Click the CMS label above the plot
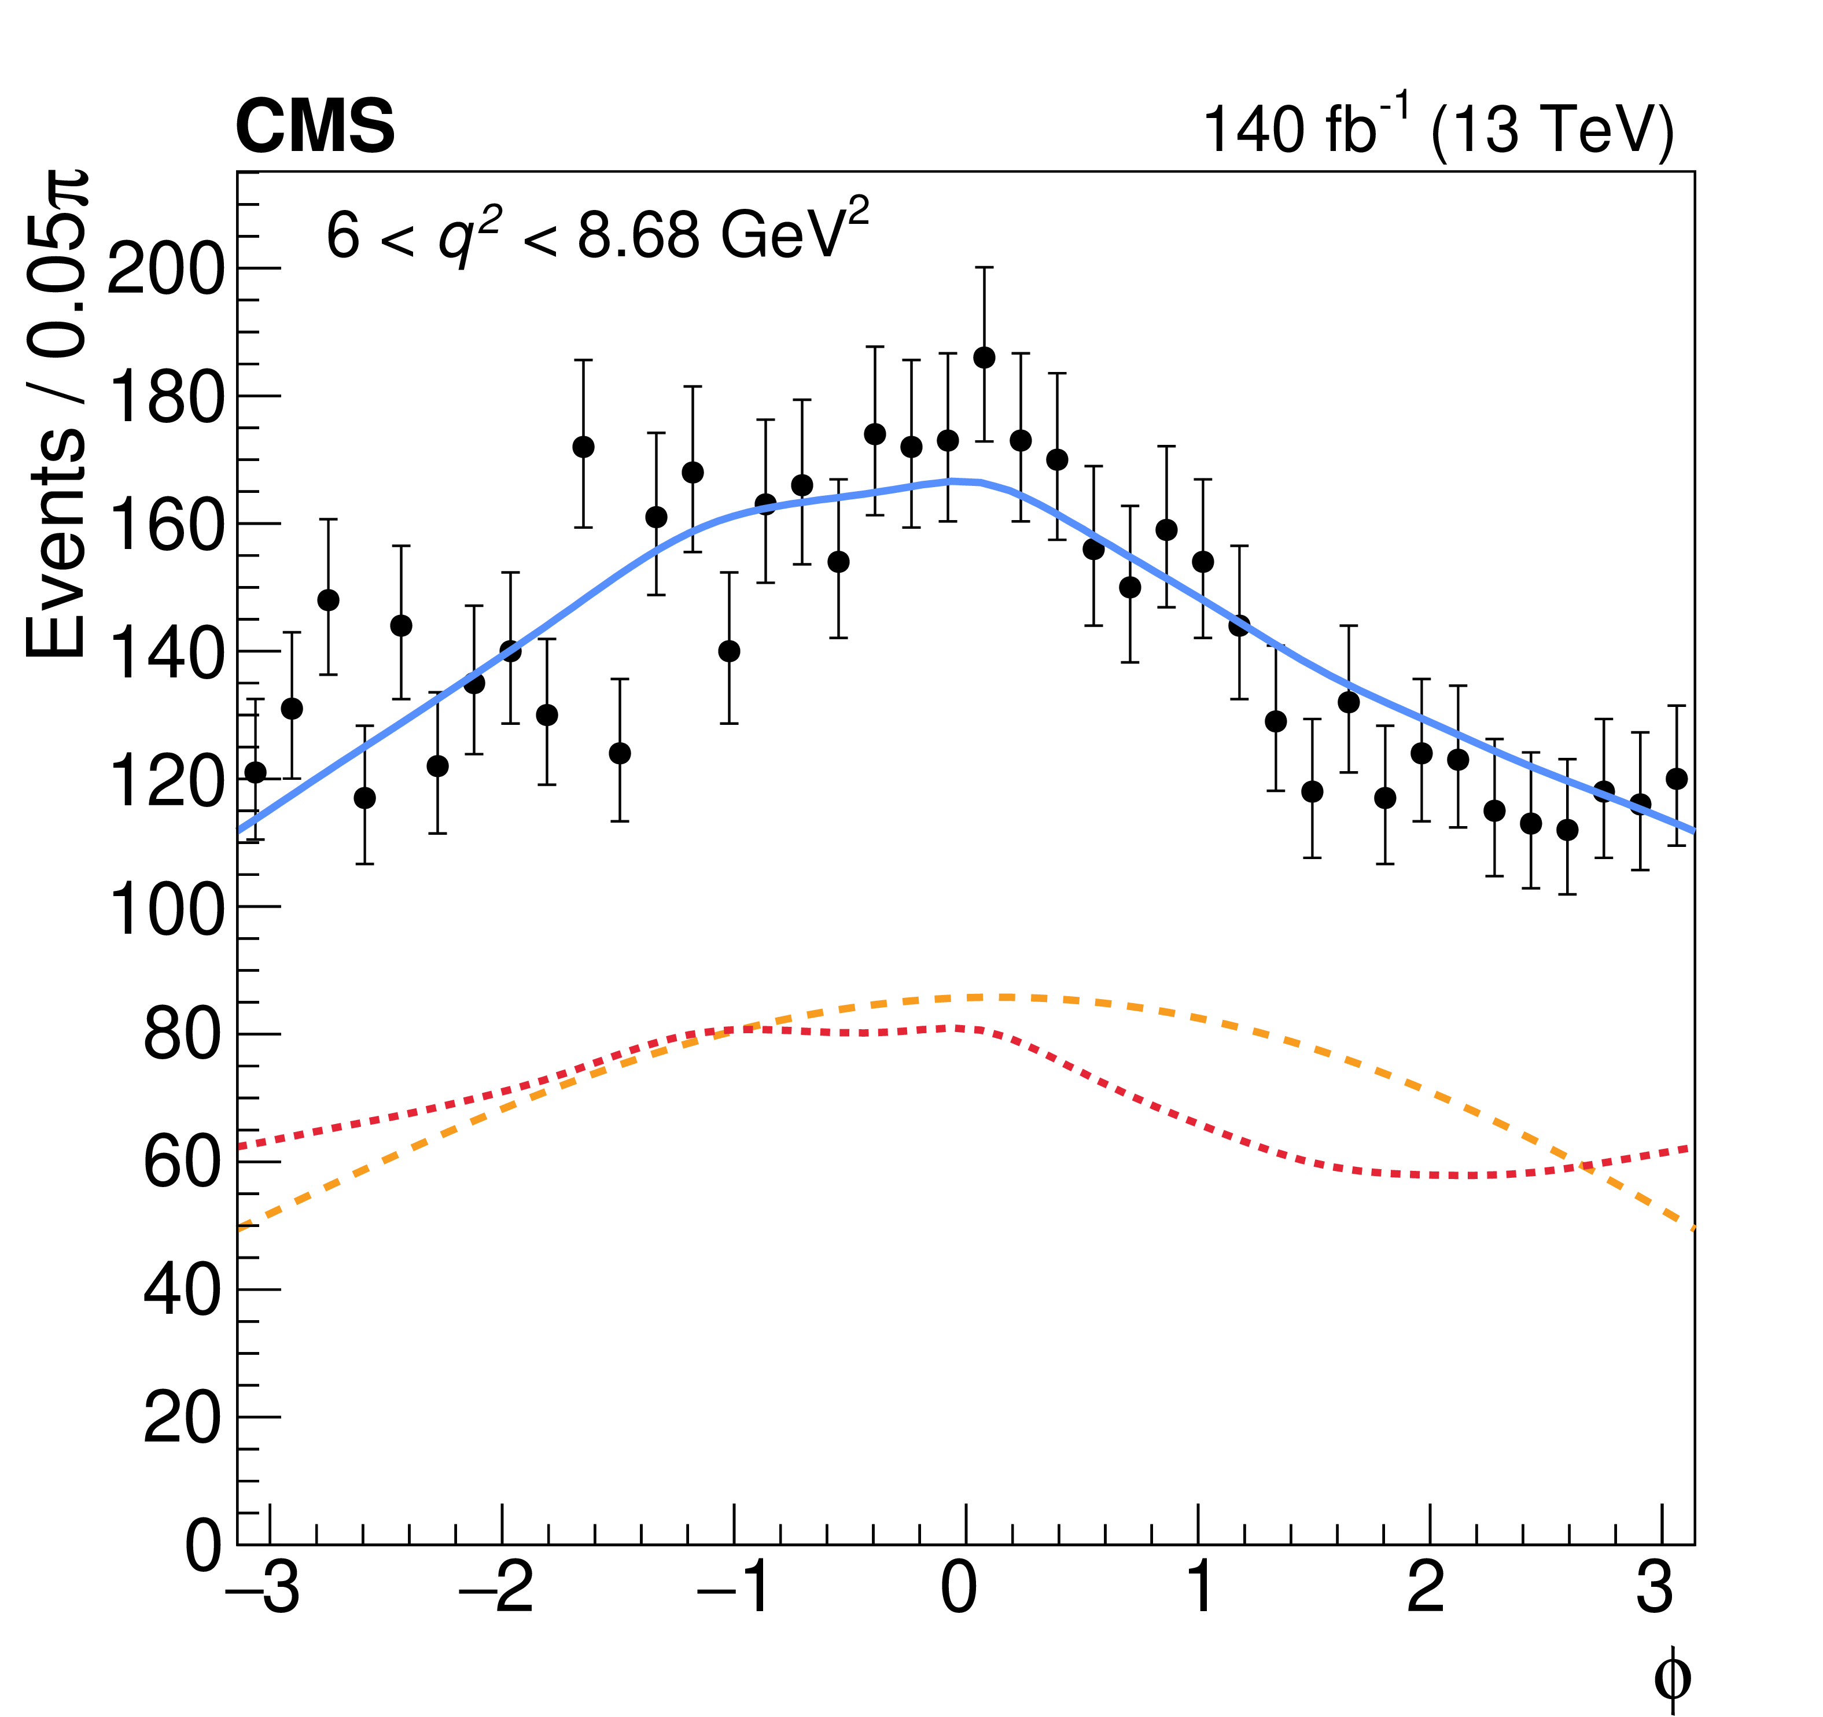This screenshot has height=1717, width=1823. [315, 127]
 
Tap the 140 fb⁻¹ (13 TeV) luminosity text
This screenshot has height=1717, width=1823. [1438, 129]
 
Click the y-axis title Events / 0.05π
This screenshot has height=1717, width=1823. [57, 412]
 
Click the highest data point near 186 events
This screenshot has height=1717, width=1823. [984, 358]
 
